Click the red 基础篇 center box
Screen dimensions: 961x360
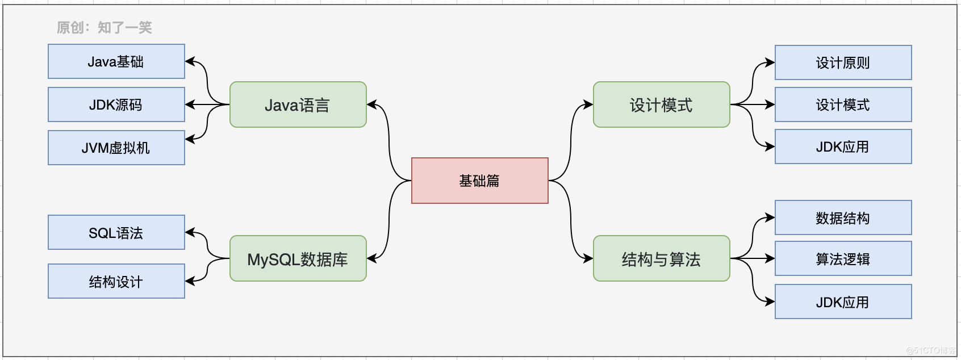point(479,181)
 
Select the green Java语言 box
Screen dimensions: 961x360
point(298,104)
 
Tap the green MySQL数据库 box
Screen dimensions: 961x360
point(298,258)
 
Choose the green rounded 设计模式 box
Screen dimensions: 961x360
point(662,104)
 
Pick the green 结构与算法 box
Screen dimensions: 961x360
point(662,258)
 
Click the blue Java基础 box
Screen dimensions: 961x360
point(116,61)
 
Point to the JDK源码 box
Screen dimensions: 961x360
point(116,104)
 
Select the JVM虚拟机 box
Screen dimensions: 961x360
point(116,148)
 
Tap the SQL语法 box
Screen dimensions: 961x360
point(116,232)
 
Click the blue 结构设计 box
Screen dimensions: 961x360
point(116,281)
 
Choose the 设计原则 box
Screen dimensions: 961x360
point(843,62)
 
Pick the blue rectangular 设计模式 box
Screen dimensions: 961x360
point(843,104)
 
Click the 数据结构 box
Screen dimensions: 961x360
point(843,217)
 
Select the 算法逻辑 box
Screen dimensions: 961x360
point(843,258)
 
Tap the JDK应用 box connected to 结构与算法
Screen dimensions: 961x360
point(843,302)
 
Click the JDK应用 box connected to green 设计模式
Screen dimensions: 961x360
point(843,146)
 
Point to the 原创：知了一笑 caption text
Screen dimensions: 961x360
point(105,27)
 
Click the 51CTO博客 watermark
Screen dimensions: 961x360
point(930,350)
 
